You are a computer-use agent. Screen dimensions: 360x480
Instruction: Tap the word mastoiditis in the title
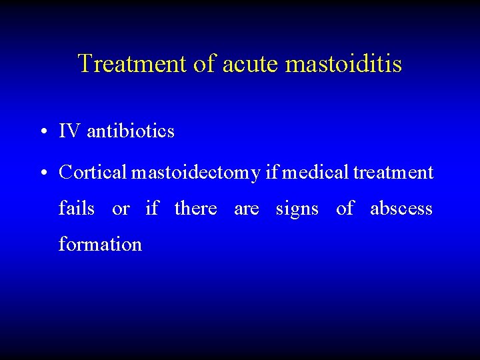[x=343, y=64]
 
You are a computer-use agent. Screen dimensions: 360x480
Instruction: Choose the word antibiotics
[x=131, y=132]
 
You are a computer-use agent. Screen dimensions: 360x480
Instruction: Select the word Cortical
[x=93, y=173]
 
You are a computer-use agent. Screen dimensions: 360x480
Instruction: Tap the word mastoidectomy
[x=195, y=173]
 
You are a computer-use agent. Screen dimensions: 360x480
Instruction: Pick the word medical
[x=313, y=173]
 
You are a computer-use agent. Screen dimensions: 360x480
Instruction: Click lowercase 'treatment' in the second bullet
[x=393, y=173]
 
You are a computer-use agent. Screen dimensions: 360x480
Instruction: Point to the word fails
[x=77, y=209]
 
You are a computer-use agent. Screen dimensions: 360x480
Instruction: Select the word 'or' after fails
[x=121, y=209]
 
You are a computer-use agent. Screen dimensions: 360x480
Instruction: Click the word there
[x=195, y=209]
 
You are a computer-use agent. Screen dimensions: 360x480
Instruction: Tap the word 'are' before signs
[x=246, y=209]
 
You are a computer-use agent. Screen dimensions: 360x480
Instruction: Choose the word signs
[x=297, y=209]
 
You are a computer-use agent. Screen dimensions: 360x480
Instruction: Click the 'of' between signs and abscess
[x=345, y=209]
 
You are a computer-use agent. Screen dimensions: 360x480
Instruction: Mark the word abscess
[x=401, y=209]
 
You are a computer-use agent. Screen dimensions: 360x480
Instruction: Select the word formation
[x=100, y=245]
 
